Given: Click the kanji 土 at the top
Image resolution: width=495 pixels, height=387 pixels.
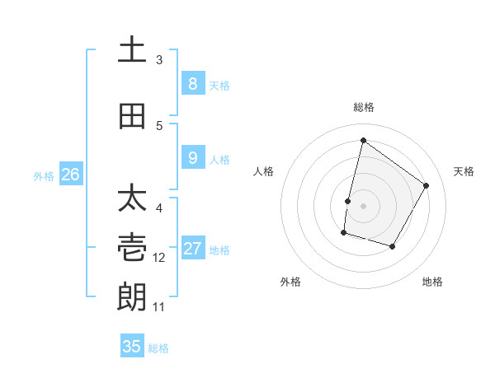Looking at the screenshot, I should pos(132,51).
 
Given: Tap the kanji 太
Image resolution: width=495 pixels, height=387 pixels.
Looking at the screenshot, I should pos(132,200).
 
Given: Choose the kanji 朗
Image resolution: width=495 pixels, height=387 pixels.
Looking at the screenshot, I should pos(132,295).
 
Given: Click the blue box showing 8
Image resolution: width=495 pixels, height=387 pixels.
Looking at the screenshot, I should pos(192,83).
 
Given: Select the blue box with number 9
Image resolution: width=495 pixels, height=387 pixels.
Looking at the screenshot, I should pos(192,157).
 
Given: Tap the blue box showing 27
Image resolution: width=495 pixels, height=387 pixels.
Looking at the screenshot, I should pos(192,249).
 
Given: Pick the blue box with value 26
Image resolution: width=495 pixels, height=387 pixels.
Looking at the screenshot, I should pos(71,174).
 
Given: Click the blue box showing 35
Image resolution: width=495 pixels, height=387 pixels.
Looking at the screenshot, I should pos(132,346).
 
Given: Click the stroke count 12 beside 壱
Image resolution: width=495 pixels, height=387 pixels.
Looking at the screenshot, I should pos(159,258).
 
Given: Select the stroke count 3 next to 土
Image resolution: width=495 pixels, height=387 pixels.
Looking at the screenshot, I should pos(159,60).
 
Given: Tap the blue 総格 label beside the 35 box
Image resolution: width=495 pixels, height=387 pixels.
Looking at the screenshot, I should pos(158,348).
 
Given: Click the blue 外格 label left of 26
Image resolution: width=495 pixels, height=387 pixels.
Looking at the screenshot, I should pos(44,175).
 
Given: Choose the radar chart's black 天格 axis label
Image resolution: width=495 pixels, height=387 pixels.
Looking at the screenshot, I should pos(464,171).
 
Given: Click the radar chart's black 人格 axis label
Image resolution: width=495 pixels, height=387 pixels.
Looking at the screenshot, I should pos(263,171).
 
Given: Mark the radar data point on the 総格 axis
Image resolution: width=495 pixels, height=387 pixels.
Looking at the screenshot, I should pos(363,140).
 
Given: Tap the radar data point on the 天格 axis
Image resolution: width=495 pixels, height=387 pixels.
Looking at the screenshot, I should pos(426,185).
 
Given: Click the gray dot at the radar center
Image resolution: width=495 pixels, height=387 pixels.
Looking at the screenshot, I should pos(363,205).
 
